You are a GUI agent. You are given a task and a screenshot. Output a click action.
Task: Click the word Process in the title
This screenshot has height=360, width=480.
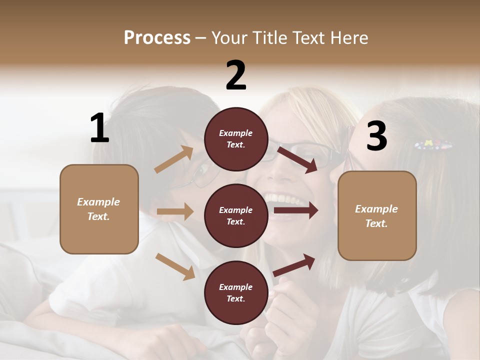pos(157,37)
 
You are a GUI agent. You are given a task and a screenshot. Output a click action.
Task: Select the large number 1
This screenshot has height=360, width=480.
pos(99,128)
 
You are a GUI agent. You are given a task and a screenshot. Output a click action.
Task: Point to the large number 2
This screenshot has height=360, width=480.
pos(236,75)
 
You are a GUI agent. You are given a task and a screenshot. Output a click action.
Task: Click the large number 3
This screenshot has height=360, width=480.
pos(376,136)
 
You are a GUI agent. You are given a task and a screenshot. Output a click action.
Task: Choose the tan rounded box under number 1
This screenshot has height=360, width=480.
pos(99,209)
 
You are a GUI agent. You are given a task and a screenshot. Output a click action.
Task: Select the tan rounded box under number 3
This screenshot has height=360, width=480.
pos(377,216)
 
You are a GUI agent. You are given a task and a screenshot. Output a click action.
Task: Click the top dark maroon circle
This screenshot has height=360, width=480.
pos(236,139)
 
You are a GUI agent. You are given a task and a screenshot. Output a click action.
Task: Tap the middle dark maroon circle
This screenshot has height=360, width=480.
pos(236,215)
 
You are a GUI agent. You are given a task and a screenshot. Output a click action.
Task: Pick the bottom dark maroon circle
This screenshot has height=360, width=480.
pos(236,292)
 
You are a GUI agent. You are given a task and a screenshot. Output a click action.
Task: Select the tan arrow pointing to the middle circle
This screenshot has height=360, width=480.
pos(175,211)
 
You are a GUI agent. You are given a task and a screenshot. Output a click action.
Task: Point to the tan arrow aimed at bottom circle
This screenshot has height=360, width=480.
pos(175,266)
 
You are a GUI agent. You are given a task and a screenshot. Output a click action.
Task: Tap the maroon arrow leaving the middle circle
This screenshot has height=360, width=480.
pos(296,210)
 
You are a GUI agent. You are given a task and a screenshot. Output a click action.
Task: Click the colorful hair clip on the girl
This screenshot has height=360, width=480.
pos(433,145)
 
